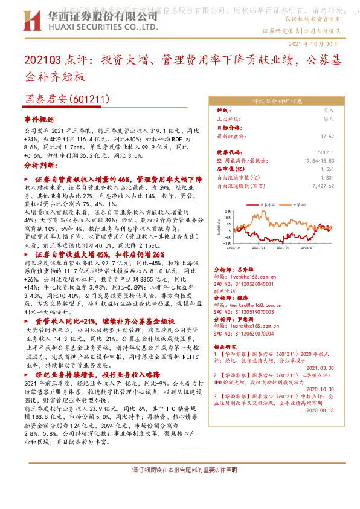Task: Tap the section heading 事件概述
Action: point(39,119)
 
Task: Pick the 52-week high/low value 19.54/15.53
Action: point(335,161)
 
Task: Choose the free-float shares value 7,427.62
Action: point(338,187)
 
